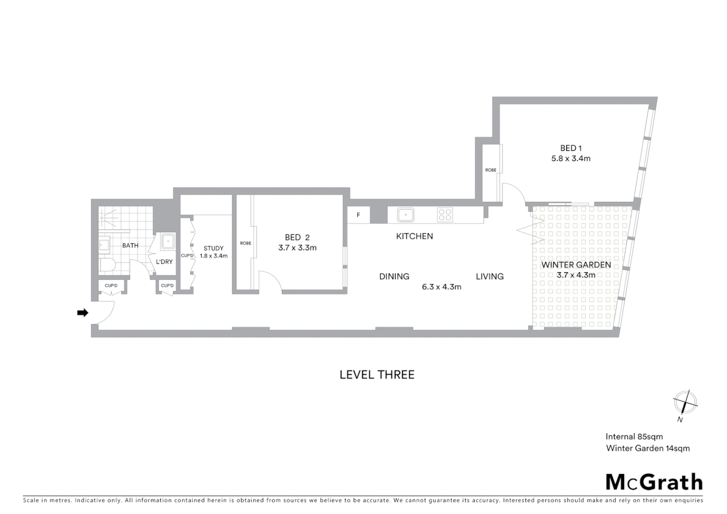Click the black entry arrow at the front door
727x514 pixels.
[83, 313]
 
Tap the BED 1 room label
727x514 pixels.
[570, 148]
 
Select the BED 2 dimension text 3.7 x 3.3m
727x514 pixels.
[297, 247]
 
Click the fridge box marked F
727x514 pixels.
[358, 215]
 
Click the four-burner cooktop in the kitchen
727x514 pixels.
[445, 215]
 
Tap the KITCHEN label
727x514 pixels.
[414, 236]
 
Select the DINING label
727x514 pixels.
[394, 277]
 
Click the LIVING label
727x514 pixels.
[490, 277]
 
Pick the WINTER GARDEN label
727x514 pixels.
[576, 265]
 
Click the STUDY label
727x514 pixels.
[214, 248]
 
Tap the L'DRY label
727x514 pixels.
[164, 262]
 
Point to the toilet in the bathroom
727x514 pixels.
[106, 265]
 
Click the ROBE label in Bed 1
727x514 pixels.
[491, 170]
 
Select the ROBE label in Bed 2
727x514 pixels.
[246, 243]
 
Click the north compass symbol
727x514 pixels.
[685, 403]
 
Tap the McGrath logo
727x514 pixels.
[654, 482]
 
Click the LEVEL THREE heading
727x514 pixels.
[377, 375]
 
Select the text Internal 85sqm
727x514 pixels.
[634, 436]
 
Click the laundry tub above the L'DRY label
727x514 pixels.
[168, 241]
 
